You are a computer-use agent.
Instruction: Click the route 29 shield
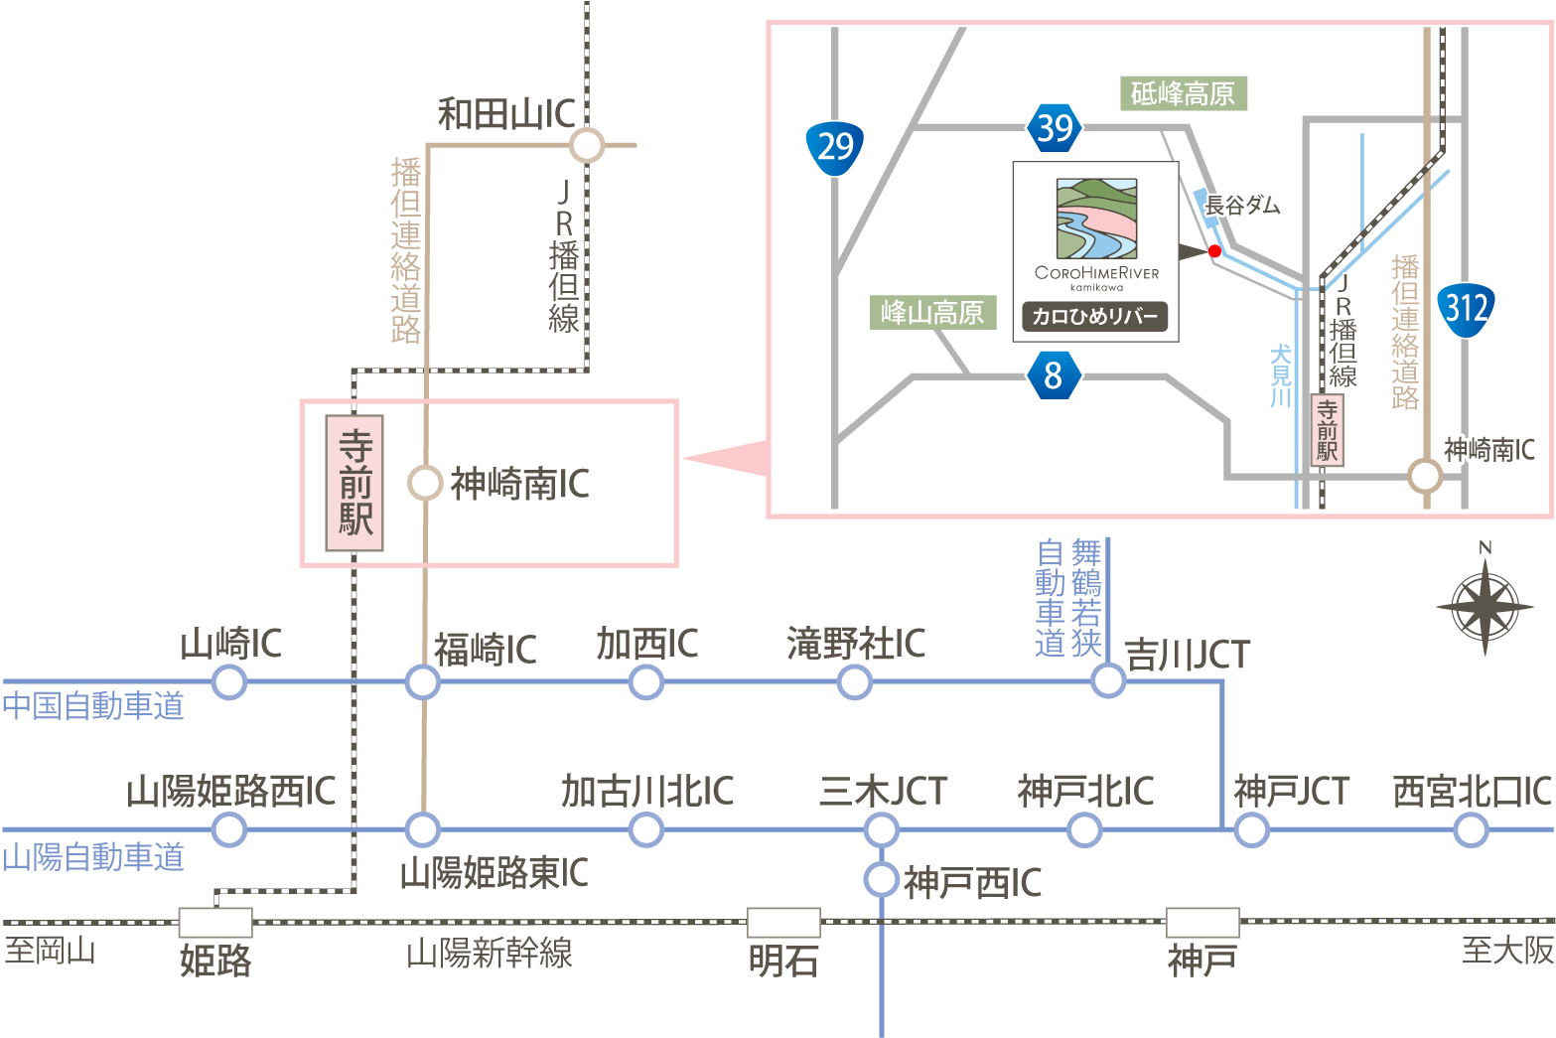pyautogui.click(x=835, y=147)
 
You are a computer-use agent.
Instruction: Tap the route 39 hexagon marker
pyautogui.click(x=1054, y=127)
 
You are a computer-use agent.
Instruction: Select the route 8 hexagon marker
pyautogui.click(x=1054, y=375)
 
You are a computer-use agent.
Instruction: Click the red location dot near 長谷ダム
pyautogui.click(x=1214, y=251)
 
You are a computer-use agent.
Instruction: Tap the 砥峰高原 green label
pyautogui.click(x=1182, y=93)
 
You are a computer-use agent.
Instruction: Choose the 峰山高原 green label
pyautogui.click(x=931, y=313)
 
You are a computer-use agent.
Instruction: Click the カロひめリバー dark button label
pyautogui.click(x=1094, y=317)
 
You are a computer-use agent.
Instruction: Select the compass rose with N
pyautogui.click(x=1485, y=603)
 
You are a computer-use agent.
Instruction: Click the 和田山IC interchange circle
pyautogui.click(x=587, y=145)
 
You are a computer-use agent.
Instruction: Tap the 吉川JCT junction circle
pyautogui.click(x=1108, y=680)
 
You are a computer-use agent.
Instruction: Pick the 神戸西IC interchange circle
pyautogui.click(x=881, y=879)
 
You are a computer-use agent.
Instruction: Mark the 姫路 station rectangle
pyautogui.click(x=215, y=923)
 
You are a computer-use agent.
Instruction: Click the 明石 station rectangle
pyautogui.click(x=783, y=923)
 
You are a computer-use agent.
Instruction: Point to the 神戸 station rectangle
pyautogui.click(x=1202, y=923)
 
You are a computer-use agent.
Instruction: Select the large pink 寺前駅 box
pyautogui.click(x=354, y=483)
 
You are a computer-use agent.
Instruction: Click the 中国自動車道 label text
pyautogui.click(x=93, y=706)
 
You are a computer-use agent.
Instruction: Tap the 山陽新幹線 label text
pyautogui.click(x=490, y=954)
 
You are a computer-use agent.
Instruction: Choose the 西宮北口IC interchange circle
pyautogui.click(x=1471, y=829)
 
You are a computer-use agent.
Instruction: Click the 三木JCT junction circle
pyautogui.click(x=881, y=829)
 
